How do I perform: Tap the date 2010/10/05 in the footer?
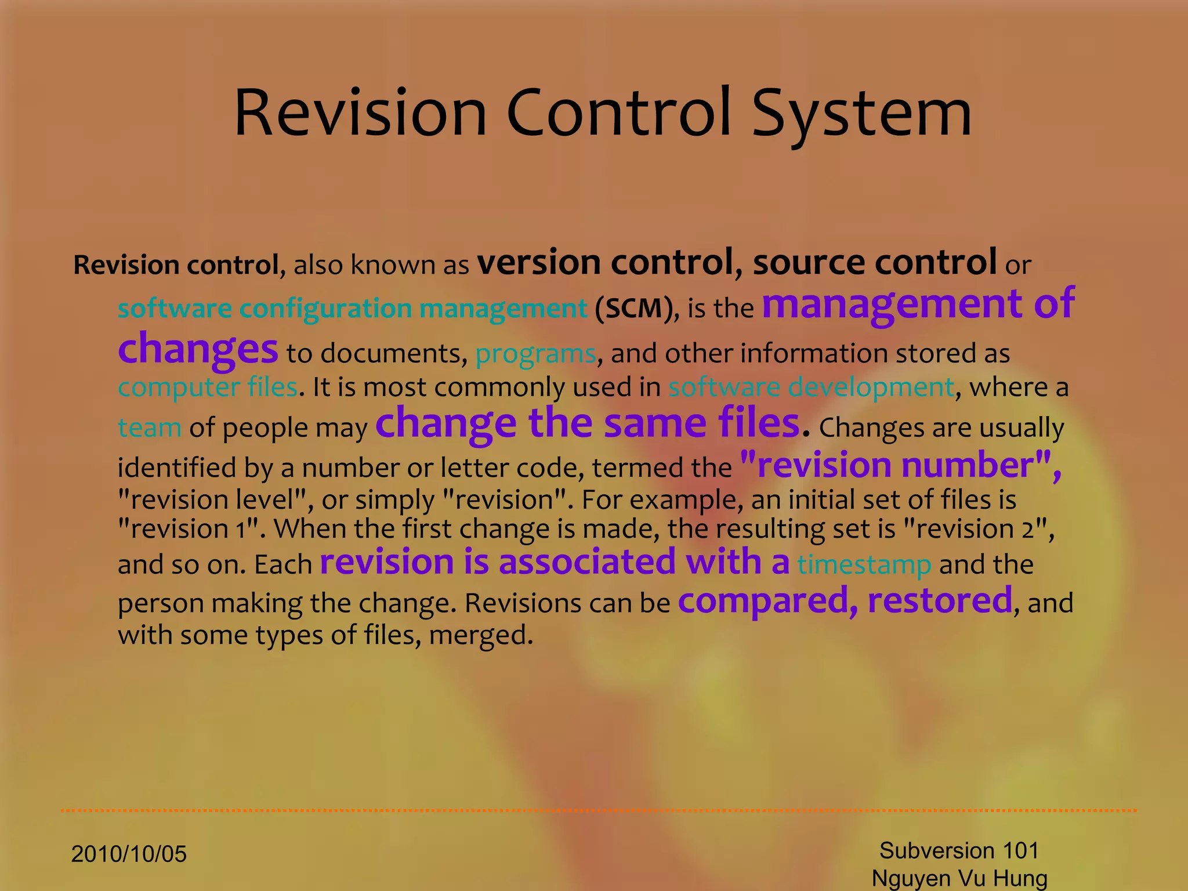(x=129, y=854)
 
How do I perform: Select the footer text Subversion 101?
(x=959, y=850)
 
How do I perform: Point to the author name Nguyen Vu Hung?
(x=959, y=878)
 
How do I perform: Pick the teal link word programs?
(x=535, y=353)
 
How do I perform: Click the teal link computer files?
(x=208, y=387)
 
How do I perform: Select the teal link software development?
(x=811, y=387)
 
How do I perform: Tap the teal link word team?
(x=149, y=428)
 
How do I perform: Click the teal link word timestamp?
(x=864, y=564)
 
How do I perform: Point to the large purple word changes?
(x=198, y=349)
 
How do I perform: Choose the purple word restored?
(x=940, y=600)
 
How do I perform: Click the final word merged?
(x=480, y=635)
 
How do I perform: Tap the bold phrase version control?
(x=605, y=262)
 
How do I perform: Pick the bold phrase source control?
(x=874, y=262)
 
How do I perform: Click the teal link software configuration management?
(x=352, y=308)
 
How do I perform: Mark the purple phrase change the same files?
(x=588, y=423)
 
